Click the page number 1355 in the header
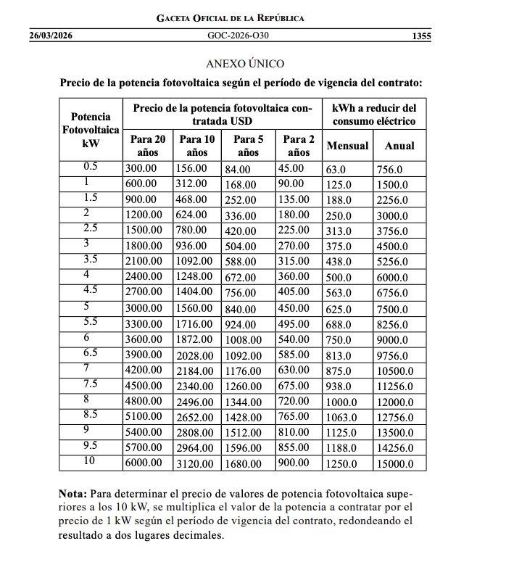(420, 35)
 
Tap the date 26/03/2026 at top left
(51, 35)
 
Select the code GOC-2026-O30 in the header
(243, 35)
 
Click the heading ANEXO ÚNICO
(245, 64)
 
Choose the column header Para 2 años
(298, 145)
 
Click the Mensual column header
(348, 146)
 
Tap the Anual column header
(399, 146)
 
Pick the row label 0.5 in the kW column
(91, 167)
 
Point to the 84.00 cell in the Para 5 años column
(238, 169)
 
